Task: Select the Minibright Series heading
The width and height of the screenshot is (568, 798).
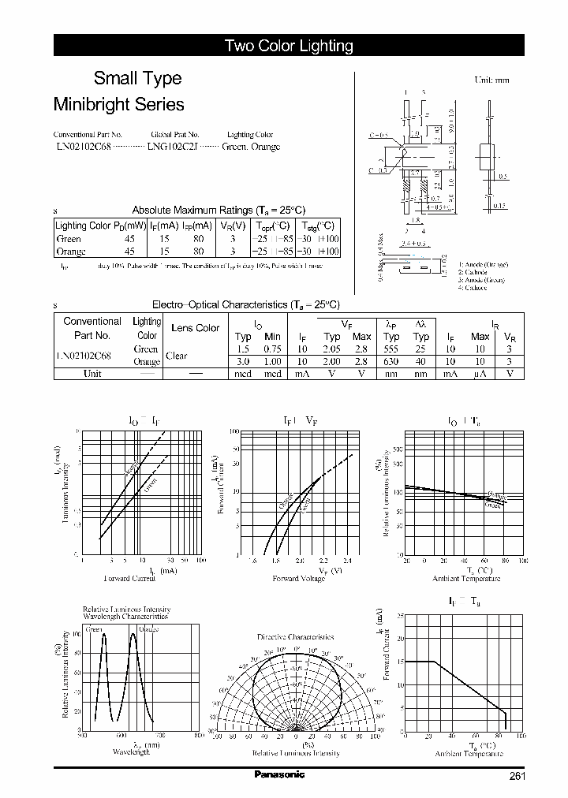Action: coord(118,104)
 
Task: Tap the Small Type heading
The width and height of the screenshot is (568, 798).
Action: coord(137,78)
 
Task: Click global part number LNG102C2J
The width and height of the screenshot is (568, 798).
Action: coord(174,147)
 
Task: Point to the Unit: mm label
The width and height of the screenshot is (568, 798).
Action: coord(491,80)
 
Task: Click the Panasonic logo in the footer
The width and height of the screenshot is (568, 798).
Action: coord(278,775)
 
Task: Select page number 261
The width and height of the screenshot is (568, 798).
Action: coord(517,776)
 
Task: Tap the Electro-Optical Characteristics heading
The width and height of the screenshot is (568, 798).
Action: coord(245,305)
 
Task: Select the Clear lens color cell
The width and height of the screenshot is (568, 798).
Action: coord(177,356)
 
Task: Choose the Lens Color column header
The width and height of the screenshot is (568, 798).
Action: coord(195,328)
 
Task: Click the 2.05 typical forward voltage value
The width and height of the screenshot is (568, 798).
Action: coord(332,349)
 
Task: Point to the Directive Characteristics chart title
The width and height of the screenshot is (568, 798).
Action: coord(295,636)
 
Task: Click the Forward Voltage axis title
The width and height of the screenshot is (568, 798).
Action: coord(297,578)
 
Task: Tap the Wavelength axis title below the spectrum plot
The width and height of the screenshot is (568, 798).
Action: coord(130,752)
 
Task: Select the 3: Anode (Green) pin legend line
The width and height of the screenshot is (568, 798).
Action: coord(483,280)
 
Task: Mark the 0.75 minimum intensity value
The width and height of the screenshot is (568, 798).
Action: coord(272,349)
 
